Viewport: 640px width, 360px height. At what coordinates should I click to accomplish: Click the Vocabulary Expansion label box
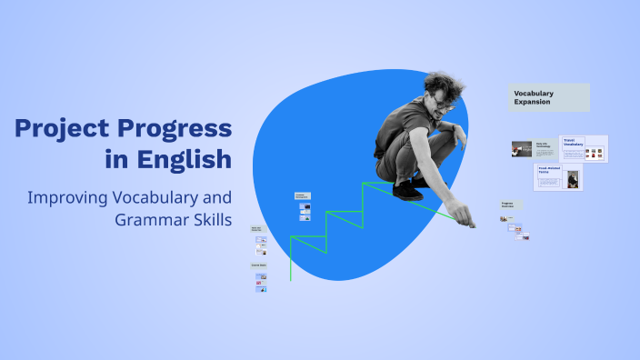[x=549, y=97]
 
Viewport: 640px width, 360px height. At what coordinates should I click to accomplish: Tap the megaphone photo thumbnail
[x=521, y=149]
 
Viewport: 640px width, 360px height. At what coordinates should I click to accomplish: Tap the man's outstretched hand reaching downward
[x=465, y=219]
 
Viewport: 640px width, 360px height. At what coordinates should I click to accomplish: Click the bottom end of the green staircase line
[x=291, y=279]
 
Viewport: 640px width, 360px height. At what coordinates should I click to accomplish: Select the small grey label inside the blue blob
[x=302, y=195]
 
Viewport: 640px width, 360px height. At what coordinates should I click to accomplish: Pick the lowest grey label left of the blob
[x=259, y=265]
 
